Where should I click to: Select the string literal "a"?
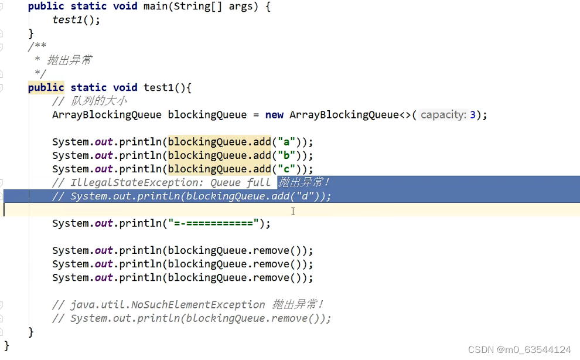(x=287, y=142)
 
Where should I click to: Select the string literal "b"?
(x=287, y=155)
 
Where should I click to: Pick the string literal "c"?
(x=287, y=169)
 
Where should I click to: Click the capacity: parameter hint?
(x=443, y=115)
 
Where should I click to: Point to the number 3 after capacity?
(x=472, y=115)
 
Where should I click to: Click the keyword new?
(x=274, y=115)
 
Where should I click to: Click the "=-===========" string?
(x=213, y=223)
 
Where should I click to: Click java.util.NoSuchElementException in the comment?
(x=168, y=305)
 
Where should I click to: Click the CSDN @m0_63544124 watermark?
(x=520, y=349)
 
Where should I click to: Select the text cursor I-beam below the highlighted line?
(x=293, y=210)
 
